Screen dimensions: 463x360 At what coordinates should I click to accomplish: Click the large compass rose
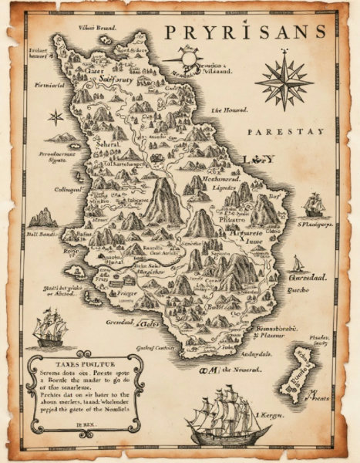pos(284,79)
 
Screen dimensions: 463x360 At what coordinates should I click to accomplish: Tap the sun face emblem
pos(189,59)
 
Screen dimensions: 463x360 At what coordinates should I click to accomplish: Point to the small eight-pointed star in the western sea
pos(56,117)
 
